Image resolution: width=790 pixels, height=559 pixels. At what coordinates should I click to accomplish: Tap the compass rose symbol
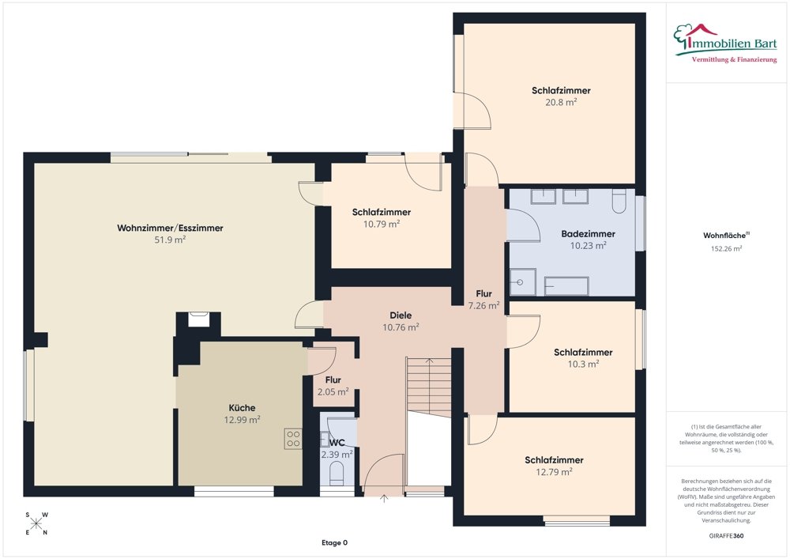37,523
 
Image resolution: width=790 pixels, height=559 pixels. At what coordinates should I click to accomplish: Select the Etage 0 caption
334,543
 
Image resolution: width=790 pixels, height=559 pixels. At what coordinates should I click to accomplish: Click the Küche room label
242,408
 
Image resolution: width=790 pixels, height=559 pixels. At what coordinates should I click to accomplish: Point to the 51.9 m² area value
170,240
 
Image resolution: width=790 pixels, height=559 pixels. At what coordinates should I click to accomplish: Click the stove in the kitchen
292,438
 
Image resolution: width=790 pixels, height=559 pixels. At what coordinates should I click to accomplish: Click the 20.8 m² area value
561,102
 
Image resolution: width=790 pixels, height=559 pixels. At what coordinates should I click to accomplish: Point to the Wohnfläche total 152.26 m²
727,248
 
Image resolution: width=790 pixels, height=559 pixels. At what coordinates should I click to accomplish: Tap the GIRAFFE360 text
727,536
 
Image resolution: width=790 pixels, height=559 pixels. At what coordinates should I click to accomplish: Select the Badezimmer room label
588,234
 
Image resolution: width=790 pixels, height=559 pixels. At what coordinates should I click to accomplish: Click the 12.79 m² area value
554,472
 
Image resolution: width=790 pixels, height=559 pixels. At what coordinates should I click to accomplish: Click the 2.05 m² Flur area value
333,392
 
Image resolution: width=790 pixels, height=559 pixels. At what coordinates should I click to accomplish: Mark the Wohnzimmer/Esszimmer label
170,228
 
